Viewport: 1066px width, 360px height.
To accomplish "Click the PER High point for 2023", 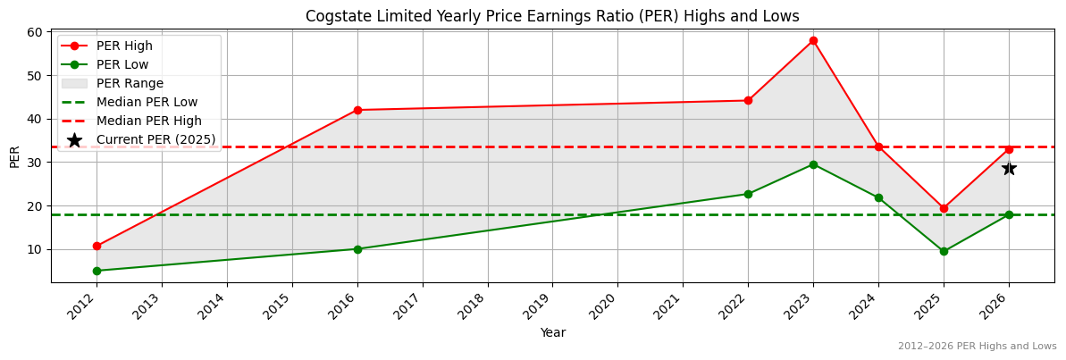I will point(813,40).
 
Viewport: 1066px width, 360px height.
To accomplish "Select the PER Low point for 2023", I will point(813,164).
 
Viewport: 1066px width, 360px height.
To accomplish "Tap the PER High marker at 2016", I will point(357,110).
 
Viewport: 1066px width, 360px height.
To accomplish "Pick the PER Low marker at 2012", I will point(97,271).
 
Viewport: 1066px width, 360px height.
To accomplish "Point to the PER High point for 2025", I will point(944,208).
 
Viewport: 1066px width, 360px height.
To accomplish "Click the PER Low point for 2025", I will point(944,251).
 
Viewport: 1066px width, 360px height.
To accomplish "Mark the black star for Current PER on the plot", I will point(1009,168).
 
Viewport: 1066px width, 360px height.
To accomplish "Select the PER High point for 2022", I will point(748,100).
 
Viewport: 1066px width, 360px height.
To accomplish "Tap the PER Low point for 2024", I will point(878,197).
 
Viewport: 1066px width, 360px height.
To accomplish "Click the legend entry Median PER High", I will point(148,121).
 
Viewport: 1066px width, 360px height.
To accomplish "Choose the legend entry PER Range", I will point(130,83).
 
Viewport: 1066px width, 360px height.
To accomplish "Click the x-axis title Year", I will point(552,333).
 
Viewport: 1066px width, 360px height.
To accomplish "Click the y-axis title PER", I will point(14,156).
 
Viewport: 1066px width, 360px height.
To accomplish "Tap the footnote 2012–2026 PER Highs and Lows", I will point(977,347).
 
